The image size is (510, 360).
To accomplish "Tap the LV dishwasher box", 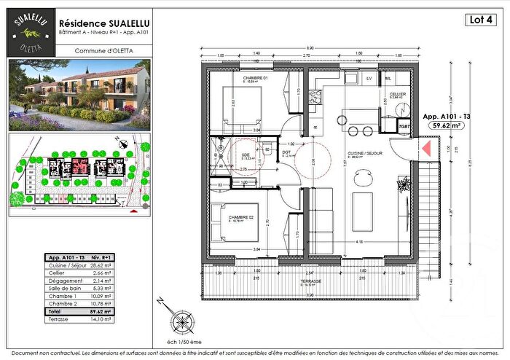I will tap(369, 77).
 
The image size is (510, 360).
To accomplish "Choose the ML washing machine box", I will tap(388, 77).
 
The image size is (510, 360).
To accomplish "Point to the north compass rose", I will tap(179, 318).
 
